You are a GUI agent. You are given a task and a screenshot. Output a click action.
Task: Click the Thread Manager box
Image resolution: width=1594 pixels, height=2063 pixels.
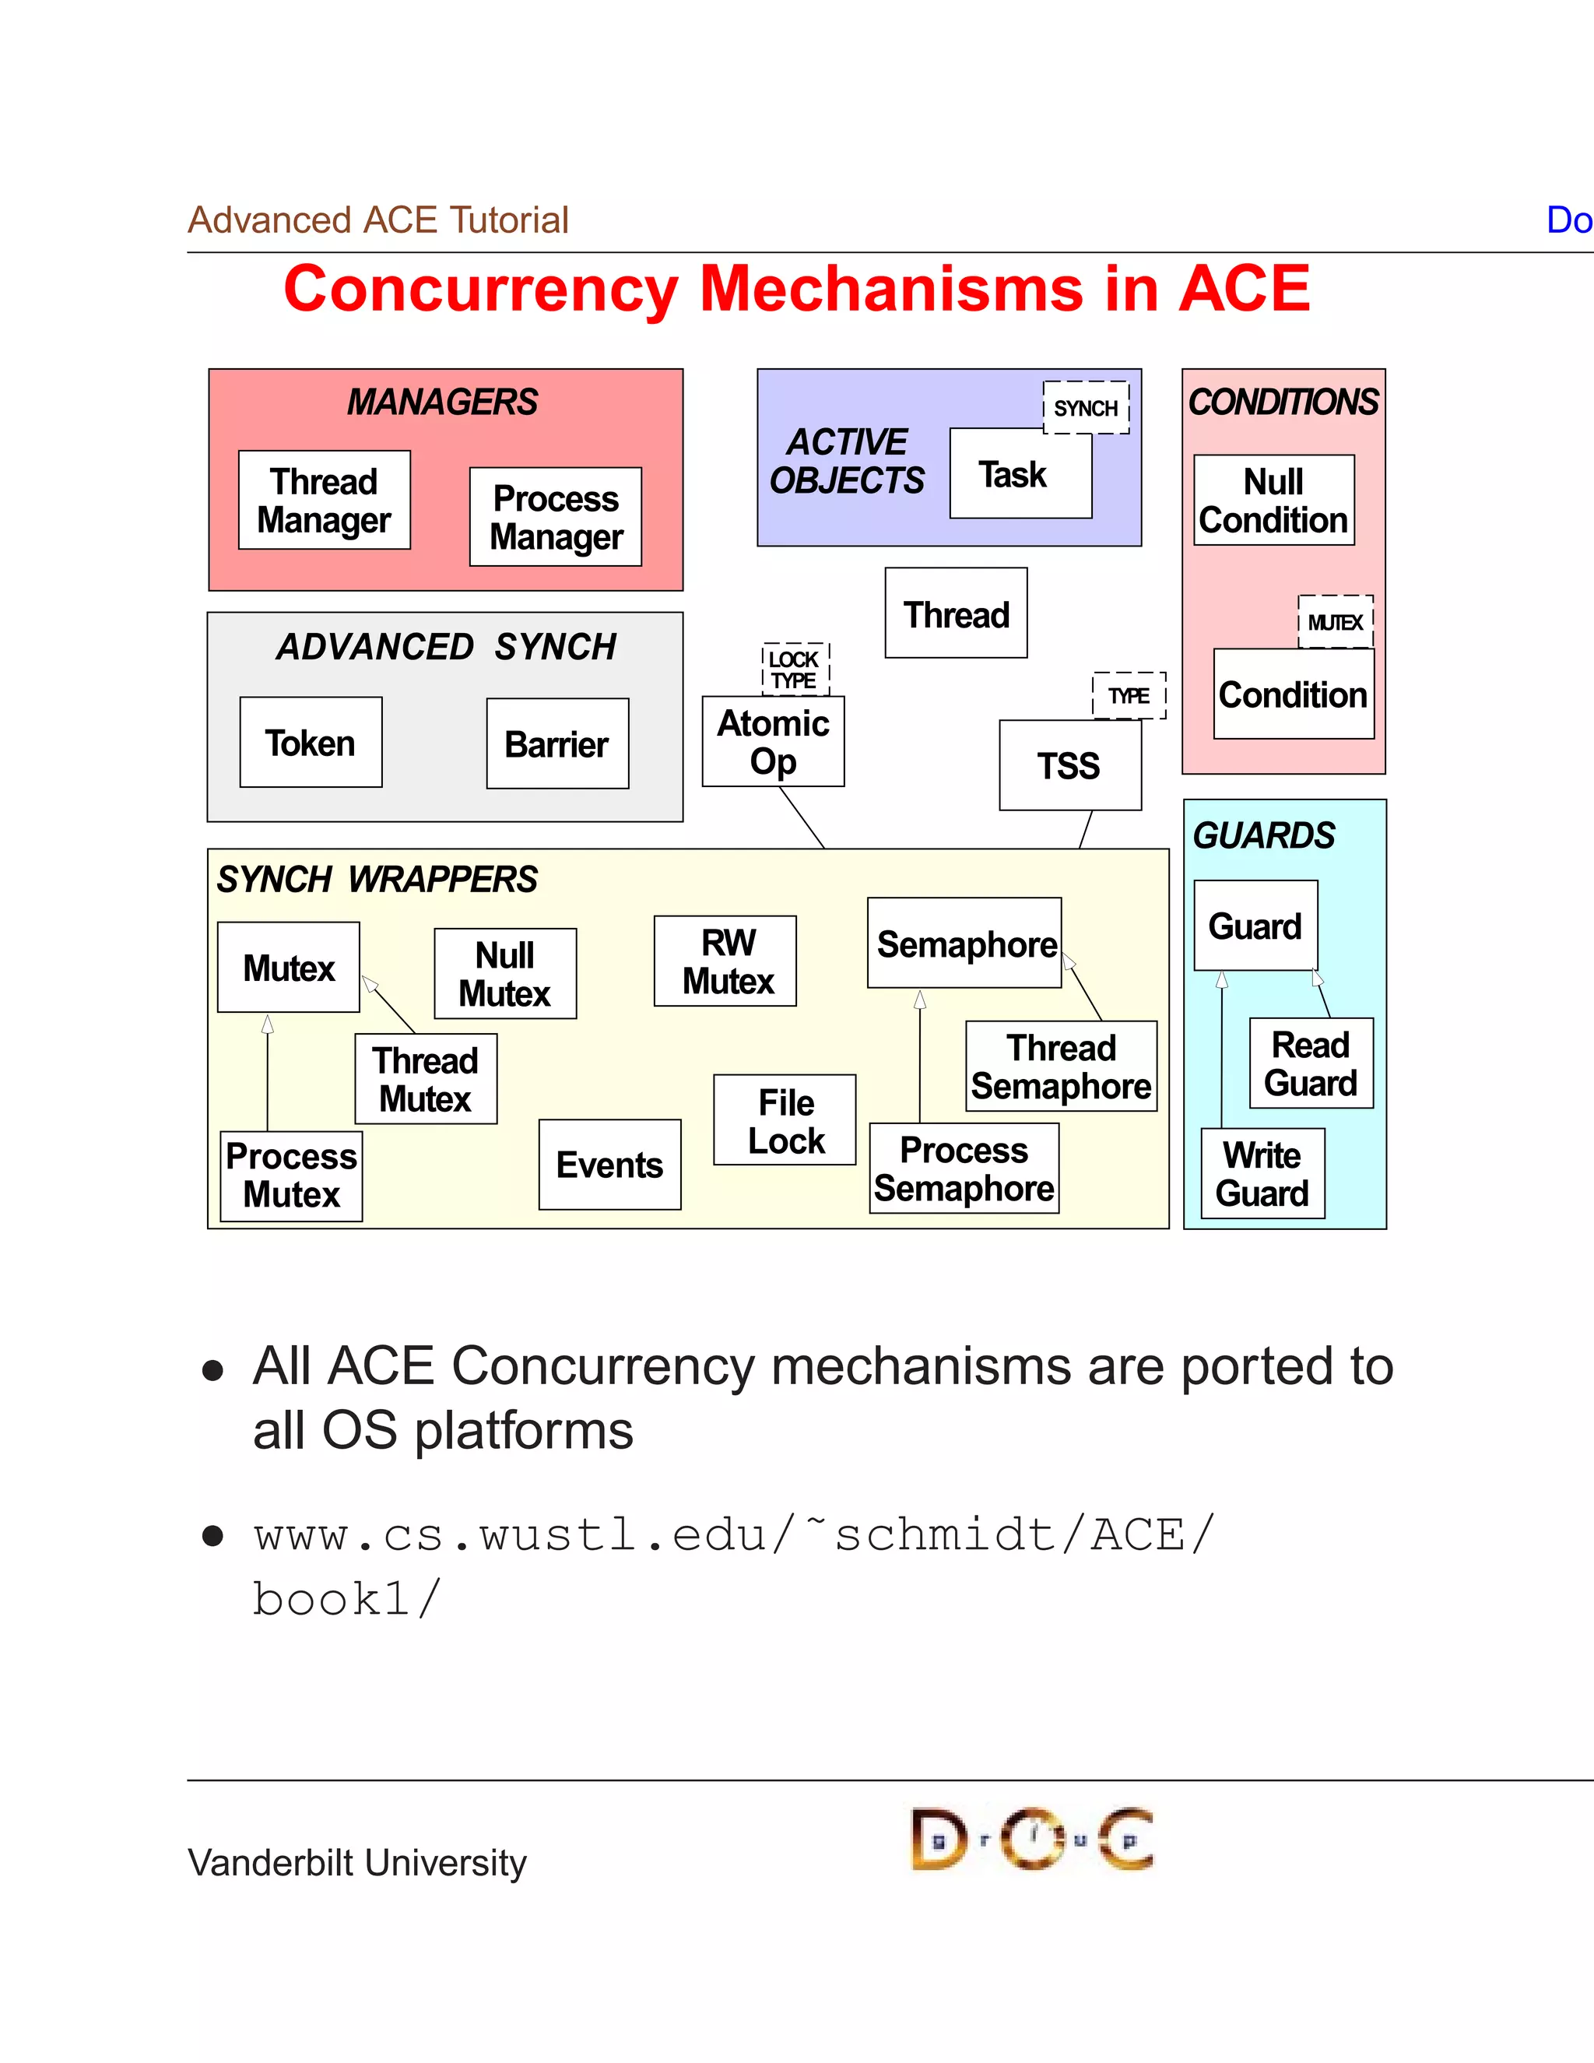coord(324,500)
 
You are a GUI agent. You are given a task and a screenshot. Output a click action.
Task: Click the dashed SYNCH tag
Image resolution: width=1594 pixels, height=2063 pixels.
coord(1086,408)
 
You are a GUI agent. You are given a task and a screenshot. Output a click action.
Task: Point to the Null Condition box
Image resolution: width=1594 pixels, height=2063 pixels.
coord(1274,500)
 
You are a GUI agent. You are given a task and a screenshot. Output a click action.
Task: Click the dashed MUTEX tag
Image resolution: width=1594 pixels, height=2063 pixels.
coord(1336,621)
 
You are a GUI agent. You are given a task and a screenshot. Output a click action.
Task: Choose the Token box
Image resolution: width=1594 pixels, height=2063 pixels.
coord(311,743)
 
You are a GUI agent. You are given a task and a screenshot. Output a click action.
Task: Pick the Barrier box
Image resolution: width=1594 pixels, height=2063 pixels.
coord(557,743)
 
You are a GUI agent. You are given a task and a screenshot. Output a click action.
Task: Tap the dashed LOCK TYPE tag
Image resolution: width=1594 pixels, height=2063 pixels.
coord(795,669)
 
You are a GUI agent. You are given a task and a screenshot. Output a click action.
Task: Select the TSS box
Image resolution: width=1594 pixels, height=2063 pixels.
coord(1070,765)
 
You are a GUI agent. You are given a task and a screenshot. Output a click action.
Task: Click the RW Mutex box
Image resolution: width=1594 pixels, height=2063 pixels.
coord(725,961)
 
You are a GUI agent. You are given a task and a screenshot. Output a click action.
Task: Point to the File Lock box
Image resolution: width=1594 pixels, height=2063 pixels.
coord(785,1120)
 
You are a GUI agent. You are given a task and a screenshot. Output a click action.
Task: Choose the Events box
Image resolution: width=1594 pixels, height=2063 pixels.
coord(609,1165)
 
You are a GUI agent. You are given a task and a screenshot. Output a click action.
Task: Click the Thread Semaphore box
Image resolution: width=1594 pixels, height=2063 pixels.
coord(1061,1067)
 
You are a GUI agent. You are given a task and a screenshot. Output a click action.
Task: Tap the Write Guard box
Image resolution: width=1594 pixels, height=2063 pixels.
coord(1262,1173)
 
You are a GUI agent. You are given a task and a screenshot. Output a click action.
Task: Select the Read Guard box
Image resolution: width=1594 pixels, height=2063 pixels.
coord(1311,1063)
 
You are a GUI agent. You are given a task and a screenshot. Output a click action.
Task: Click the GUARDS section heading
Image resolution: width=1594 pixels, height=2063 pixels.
coord(1263,836)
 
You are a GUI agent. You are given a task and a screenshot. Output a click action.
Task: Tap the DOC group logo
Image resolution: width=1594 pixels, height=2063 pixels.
coord(1031,1839)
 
